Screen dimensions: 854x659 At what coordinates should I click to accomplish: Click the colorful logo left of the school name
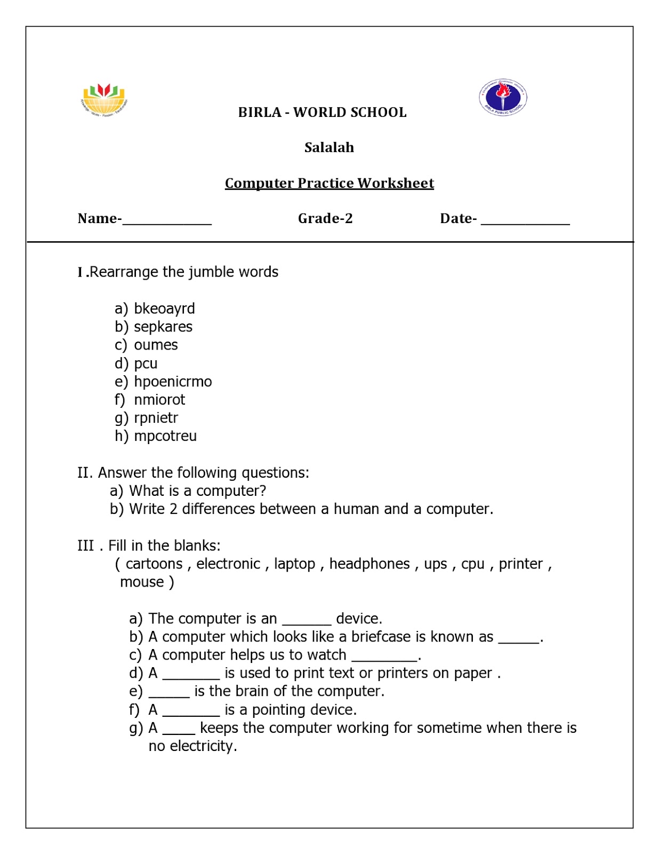[104, 99]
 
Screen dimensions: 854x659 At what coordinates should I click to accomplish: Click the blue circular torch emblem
[503, 97]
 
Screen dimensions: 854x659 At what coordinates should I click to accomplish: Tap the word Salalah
[329, 148]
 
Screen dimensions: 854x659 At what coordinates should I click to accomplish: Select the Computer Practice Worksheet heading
[329, 183]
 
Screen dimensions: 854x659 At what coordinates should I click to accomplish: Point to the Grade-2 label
[325, 218]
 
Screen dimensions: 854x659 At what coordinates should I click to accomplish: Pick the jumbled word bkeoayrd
[164, 309]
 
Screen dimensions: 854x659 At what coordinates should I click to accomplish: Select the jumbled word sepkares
[163, 327]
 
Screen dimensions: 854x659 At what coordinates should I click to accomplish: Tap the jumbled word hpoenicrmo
[173, 382]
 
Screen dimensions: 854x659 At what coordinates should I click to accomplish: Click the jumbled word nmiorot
[159, 400]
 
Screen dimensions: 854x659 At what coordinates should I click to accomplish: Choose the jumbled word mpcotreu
[165, 436]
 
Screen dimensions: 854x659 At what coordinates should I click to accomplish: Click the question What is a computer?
[197, 491]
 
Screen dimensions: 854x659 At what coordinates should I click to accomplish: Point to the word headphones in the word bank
[369, 564]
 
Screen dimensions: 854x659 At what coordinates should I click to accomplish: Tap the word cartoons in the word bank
[154, 564]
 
